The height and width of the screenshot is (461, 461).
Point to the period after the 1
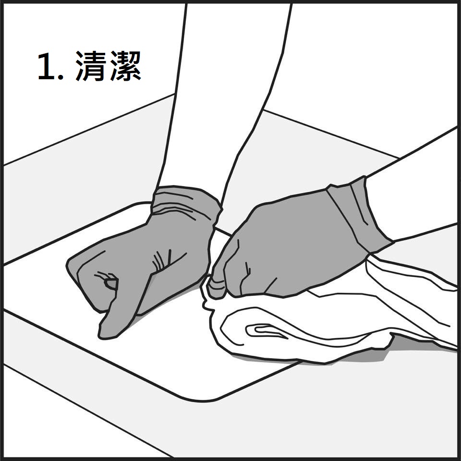pyautogui.click(x=61, y=77)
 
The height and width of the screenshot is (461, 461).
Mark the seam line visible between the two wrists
pyautogui.click(x=223, y=231)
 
